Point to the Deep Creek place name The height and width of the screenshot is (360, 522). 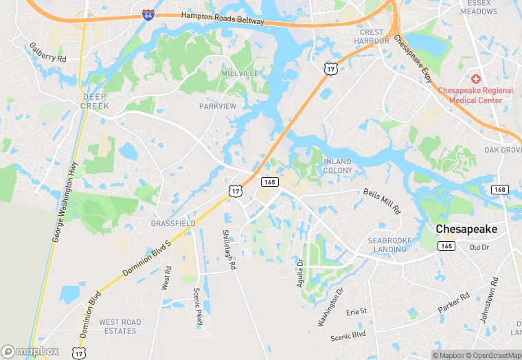[x=95, y=101]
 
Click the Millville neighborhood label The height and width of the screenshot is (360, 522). [x=240, y=73]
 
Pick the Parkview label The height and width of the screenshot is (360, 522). [x=217, y=106]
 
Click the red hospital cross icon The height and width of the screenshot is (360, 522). [x=475, y=80]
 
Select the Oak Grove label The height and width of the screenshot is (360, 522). [x=503, y=150]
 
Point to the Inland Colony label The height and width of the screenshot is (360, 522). [x=337, y=166]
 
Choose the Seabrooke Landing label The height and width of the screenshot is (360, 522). [x=390, y=245]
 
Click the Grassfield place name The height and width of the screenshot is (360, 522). [x=173, y=223]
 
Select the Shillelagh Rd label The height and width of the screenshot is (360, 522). [x=229, y=249]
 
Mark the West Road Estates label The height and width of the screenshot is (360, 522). [x=120, y=326]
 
